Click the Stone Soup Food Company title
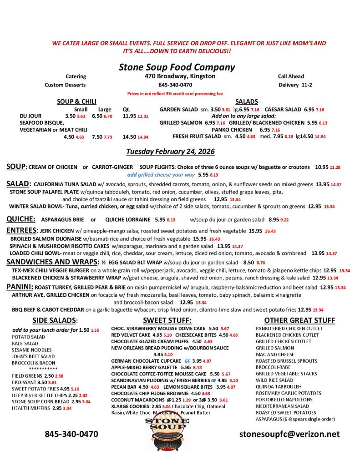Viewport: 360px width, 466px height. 177,67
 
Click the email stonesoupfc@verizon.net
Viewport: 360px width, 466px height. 289,434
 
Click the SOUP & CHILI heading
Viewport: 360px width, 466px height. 76,101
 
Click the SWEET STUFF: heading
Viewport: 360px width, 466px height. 167,320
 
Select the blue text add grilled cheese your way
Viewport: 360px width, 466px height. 161,174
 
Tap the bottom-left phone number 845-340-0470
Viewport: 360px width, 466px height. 71,434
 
